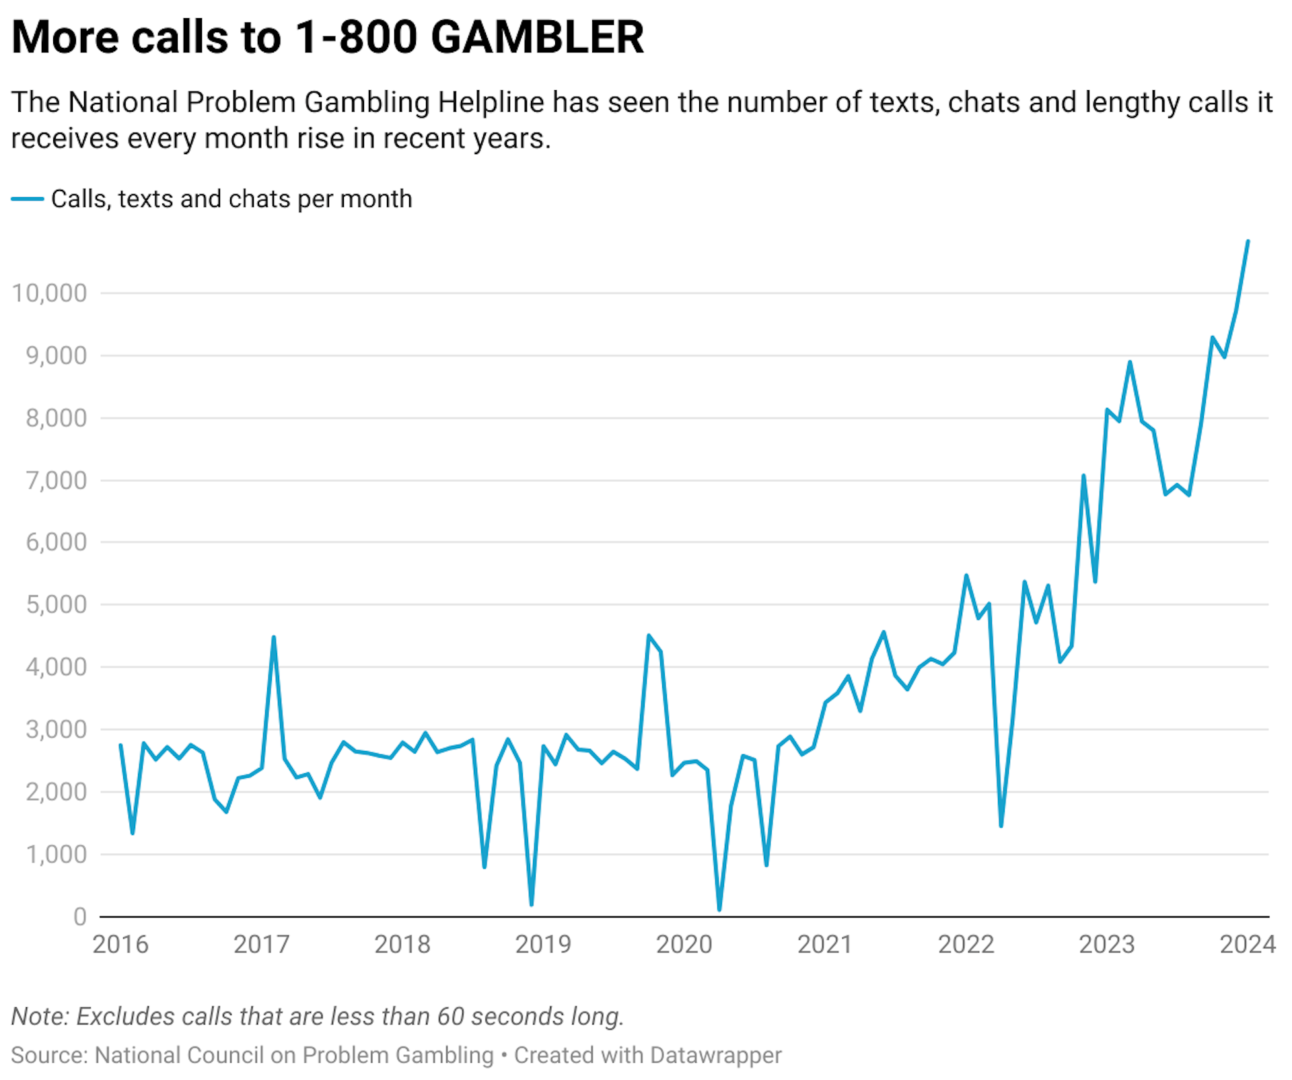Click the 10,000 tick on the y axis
pyautogui.click(x=49, y=293)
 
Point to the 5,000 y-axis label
pyautogui.click(x=56, y=604)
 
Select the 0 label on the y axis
pyautogui.click(x=79, y=916)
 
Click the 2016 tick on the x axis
pyautogui.click(x=120, y=945)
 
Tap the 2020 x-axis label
pyautogui.click(x=684, y=945)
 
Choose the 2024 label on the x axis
pyautogui.click(x=1247, y=945)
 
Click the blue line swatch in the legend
pyautogui.click(x=28, y=199)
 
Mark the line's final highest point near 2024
pyautogui.click(x=1248, y=241)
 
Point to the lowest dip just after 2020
pyautogui.click(x=719, y=910)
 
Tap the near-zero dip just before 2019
pyautogui.click(x=532, y=904)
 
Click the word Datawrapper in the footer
pyautogui.click(x=715, y=1055)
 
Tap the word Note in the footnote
pyautogui.click(x=39, y=1016)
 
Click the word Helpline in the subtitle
pyautogui.click(x=491, y=102)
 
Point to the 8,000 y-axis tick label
pyautogui.click(x=56, y=418)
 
